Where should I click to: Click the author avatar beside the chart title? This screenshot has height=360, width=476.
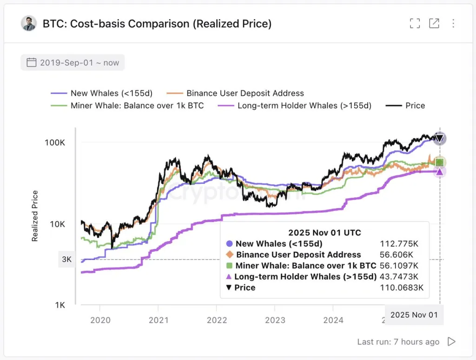29,23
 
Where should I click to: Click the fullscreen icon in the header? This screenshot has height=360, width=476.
415,23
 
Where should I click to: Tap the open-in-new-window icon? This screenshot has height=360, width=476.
434,23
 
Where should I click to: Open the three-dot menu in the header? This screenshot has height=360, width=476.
453,23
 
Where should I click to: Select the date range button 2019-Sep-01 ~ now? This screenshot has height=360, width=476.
73,62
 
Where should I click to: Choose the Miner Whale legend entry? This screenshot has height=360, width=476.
128,105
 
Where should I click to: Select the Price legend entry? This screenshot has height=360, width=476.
406,105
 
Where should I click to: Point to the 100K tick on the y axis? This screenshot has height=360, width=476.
55,142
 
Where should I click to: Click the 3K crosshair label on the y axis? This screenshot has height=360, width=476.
66,259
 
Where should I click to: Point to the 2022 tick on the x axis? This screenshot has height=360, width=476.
217,320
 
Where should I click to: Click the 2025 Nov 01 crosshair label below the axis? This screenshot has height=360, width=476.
414,314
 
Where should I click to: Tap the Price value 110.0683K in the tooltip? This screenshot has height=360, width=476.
402,288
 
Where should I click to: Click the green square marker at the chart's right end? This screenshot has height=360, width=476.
439,163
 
